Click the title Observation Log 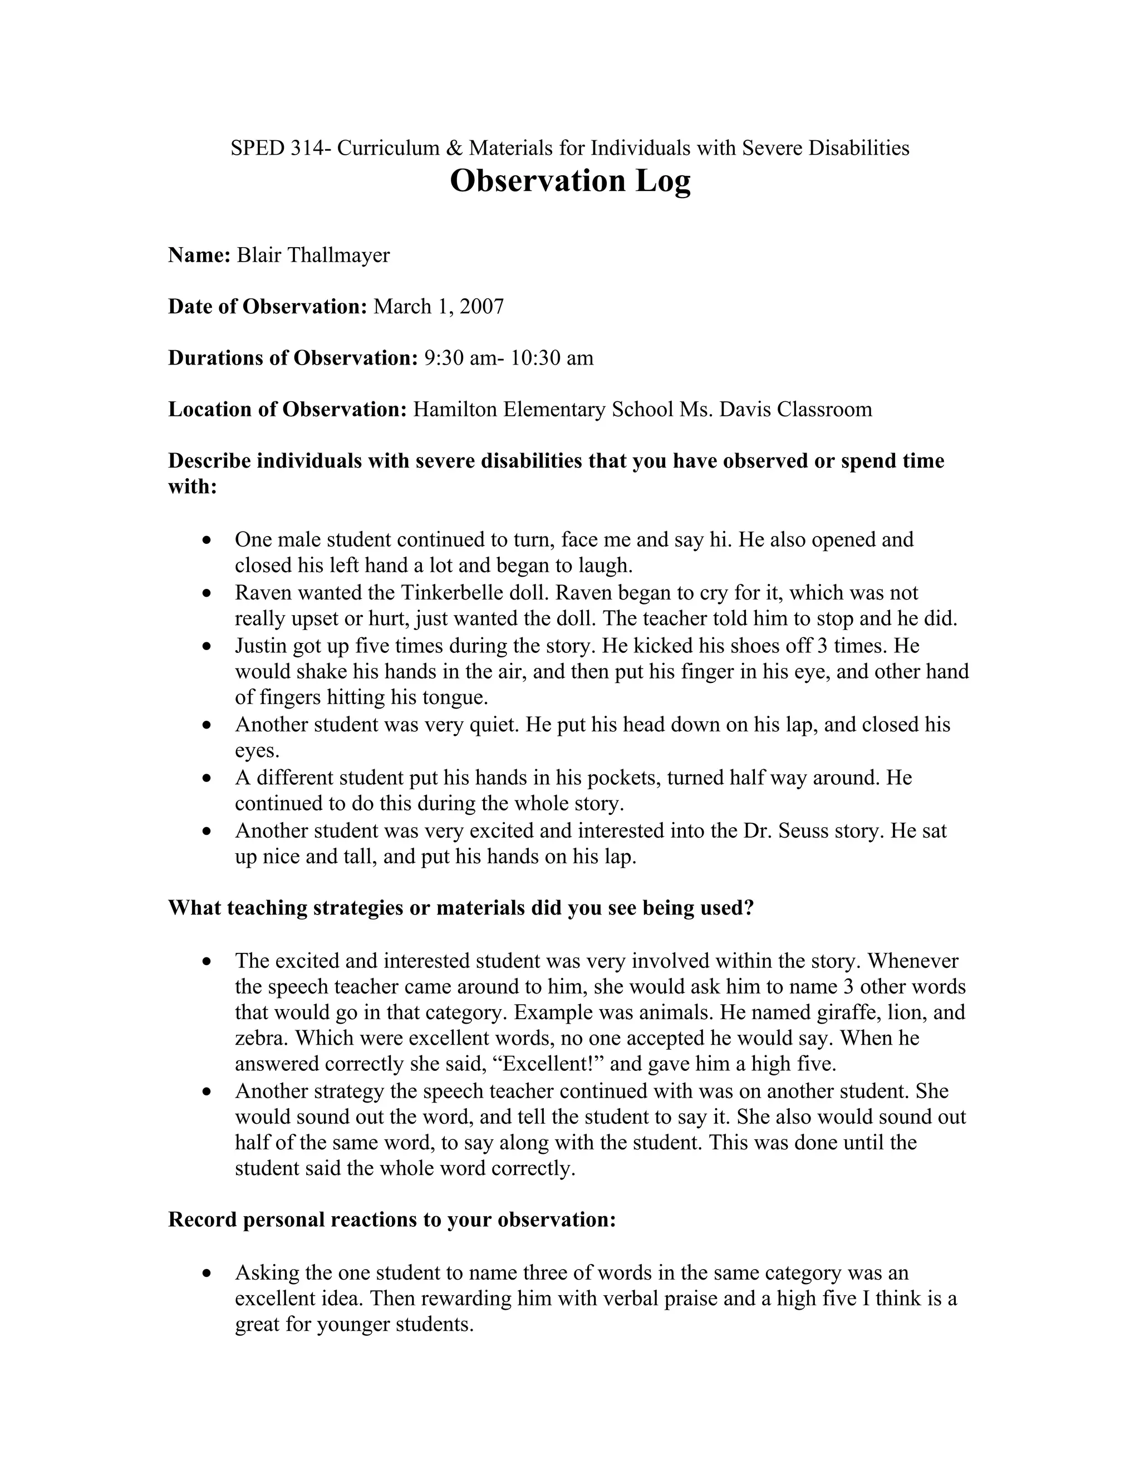(570, 181)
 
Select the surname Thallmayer (339, 255)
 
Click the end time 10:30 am (552, 358)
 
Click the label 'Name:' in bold (199, 255)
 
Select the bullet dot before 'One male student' (207, 541)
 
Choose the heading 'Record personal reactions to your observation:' (392, 1220)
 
